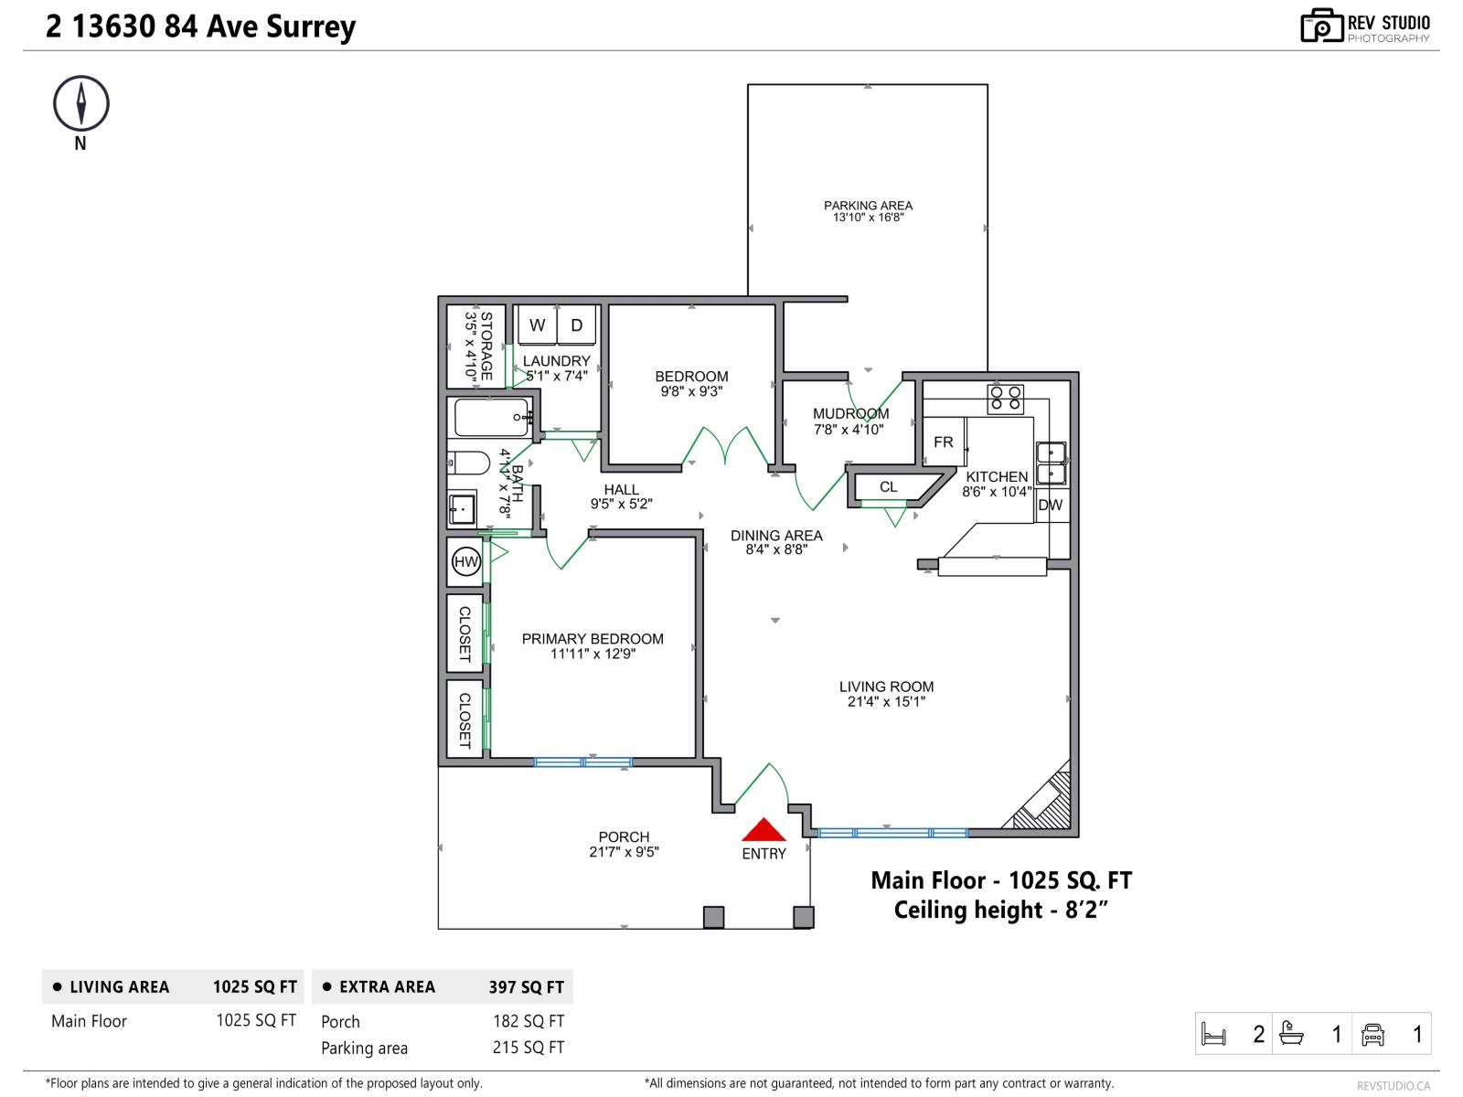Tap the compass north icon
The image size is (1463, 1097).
81,103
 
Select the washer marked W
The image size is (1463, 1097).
538,325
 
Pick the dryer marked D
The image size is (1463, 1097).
577,325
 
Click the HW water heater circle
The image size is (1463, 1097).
466,561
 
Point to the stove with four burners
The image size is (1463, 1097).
1005,399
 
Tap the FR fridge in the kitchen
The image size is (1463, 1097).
944,442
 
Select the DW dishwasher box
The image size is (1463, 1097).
1051,505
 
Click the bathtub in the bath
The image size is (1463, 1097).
492,418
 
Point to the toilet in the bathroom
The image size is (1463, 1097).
469,463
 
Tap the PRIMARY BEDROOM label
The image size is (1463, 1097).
593,639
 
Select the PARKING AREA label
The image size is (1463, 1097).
868,206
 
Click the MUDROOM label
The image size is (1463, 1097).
850,414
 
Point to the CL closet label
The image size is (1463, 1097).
889,487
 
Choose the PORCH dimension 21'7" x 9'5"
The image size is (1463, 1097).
624,852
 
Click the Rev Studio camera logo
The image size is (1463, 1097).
1320,26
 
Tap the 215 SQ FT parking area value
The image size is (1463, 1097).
528,1048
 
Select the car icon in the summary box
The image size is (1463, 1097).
1372,1034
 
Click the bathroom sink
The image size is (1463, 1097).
462,507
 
